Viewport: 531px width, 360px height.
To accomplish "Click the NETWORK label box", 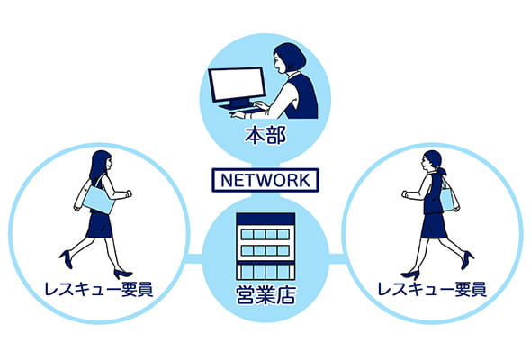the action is tap(265, 180).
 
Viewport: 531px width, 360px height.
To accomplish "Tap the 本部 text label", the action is tap(265, 136).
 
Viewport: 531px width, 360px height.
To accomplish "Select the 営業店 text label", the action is tap(265, 294).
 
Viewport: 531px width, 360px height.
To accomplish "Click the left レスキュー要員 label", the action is tap(98, 290).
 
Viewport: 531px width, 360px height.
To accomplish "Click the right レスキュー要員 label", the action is tap(432, 290).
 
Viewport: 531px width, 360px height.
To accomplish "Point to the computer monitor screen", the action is tap(237, 84).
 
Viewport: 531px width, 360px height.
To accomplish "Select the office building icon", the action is tap(265, 247).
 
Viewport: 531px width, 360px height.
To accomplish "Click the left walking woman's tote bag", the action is tap(99, 200).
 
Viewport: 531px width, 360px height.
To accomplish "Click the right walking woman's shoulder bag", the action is tap(447, 200).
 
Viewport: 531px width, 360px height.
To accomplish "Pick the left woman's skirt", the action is tap(99, 225).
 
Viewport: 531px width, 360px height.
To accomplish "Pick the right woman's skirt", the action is tap(434, 226).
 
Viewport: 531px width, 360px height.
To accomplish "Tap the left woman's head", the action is tap(103, 160).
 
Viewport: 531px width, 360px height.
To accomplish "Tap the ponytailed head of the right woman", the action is tap(433, 162).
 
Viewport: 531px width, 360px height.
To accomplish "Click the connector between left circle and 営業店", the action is tap(194, 258).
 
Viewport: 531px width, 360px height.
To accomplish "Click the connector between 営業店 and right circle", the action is tap(337, 258).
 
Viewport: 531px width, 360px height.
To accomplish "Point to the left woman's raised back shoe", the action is tap(67, 259).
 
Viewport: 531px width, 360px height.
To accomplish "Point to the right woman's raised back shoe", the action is tap(468, 260).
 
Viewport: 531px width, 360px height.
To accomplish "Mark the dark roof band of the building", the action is tap(265, 219).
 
